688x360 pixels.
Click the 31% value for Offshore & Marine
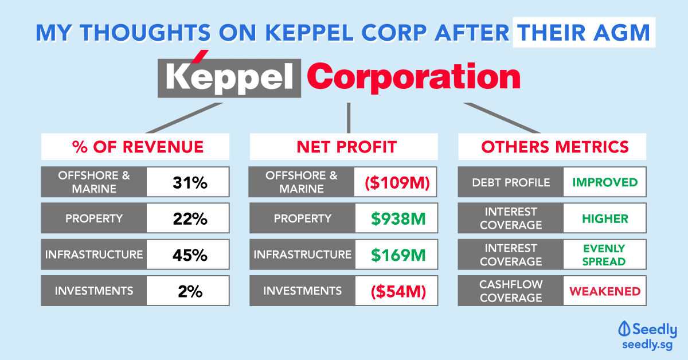point(190,182)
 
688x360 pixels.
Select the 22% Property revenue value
point(190,219)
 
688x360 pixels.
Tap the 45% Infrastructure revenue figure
point(190,255)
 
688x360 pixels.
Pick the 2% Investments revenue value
point(190,291)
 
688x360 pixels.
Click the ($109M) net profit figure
point(397,182)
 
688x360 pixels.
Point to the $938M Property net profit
point(398,219)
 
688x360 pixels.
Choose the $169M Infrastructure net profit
point(398,255)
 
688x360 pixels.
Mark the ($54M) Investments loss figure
point(398,291)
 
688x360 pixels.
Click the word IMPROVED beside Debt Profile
point(605,182)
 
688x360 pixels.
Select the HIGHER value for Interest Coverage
point(605,219)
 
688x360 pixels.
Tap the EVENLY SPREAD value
point(604,255)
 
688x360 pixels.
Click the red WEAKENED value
point(605,291)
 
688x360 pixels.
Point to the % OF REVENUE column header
point(138,147)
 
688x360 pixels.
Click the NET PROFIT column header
point(346,147)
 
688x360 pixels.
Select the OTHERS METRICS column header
point(555,147)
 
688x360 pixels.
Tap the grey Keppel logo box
point(229,78)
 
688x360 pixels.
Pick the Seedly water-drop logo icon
point(624,328)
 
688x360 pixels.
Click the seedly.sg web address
point(647,345)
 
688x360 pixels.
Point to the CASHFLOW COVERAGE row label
point(511,291)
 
